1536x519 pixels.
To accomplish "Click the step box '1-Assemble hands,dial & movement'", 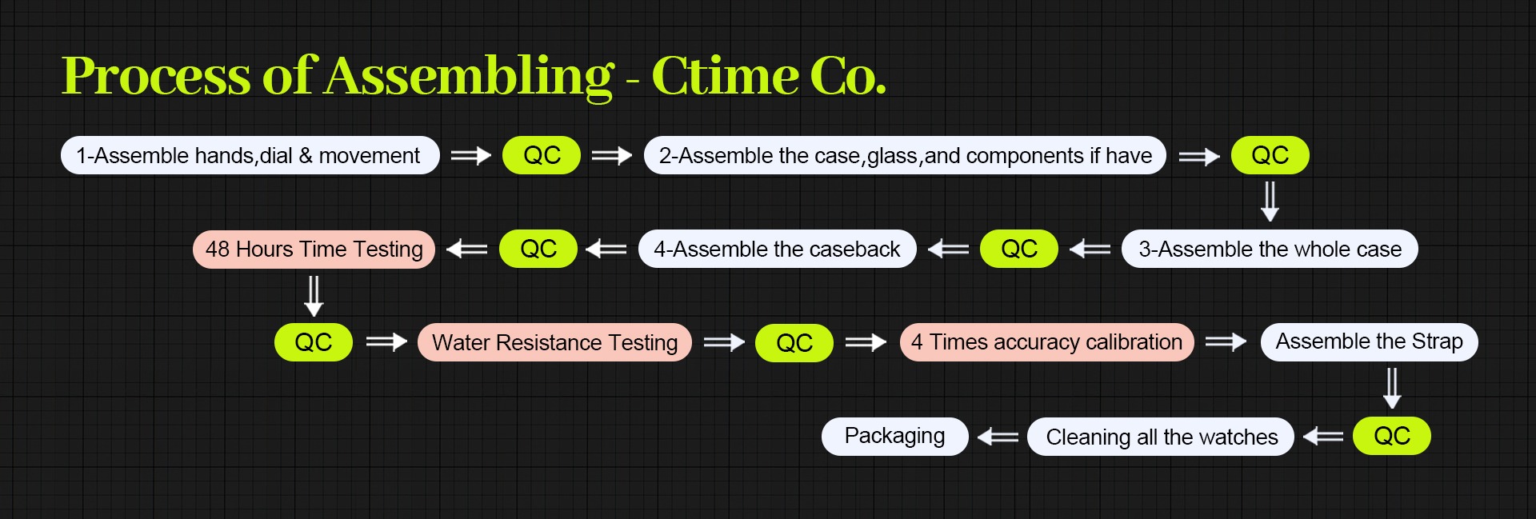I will [250, 155].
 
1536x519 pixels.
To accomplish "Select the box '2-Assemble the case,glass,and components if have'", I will [905, 155].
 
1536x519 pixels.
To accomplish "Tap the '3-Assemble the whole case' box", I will [1270, 249].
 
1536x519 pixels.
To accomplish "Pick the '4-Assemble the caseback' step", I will [777, 249].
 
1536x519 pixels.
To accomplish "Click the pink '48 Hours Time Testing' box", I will [314, 249].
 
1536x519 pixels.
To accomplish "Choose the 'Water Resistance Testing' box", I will [554, 342].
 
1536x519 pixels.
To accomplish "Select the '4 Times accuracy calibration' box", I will [1046, 342].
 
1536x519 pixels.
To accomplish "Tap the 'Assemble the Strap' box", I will [1369, 341].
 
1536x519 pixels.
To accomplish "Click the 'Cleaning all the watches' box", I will [1161, 437].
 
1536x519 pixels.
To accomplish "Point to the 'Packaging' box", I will [894, 436].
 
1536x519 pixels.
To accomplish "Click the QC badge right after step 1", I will [542, 155].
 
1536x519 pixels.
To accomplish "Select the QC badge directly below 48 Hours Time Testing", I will [313, 342].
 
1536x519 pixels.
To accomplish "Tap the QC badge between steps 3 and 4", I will [1018, 249].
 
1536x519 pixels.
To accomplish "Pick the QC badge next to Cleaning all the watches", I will [1391, 436].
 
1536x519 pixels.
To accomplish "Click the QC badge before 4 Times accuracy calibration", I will [794, 343].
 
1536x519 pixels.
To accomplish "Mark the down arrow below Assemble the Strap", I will [1392, 388].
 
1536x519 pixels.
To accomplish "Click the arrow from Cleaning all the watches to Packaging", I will [998, 437].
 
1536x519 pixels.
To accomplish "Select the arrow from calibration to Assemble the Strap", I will [1226, 342].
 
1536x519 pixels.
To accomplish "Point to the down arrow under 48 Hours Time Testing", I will [314, 296].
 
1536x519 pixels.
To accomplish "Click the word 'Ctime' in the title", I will [725, 76].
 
